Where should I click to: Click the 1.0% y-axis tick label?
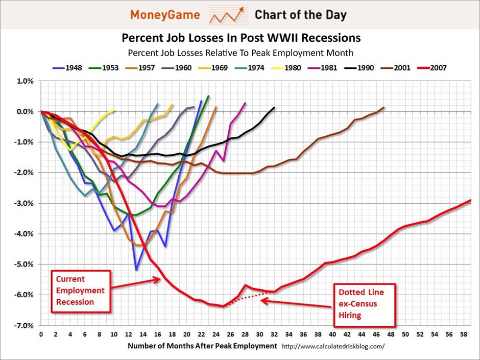pyautogui.click(x=26, y=81)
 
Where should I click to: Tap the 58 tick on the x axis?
pyautogui.click(x=463, y=335)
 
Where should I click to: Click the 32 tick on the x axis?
pyautogui.click(x=274, y=335)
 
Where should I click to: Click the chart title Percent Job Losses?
pyautogui.click(x=241, y=38)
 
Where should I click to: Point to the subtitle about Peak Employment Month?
pyautogui.click(x=241, y=53)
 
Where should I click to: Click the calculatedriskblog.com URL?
pyautogui.click(x=332, y=346)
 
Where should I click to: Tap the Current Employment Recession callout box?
pyautogui.click(x=80, y=291)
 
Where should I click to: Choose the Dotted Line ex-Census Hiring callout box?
pyautogui.click(x=365, y=304)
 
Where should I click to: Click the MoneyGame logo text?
pyautogui.click(x=165, y=15)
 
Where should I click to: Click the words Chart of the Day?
pyautogui.click(x=300, y=15)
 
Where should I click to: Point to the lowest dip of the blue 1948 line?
pyautogui.click(x=136, y=270)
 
